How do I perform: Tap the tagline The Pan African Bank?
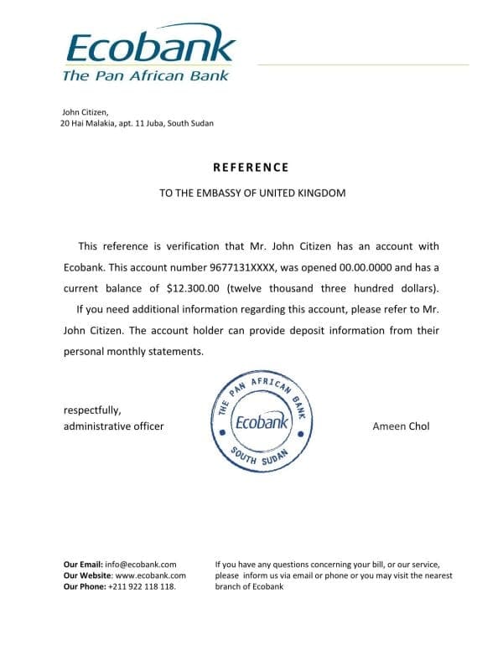point(145,75)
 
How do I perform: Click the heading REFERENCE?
point(251,168)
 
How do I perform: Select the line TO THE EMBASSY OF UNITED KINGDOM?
point(252,193)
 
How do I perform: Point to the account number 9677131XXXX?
point(241,267)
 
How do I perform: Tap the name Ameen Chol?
point(401,426)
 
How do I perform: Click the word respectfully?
point(92,410)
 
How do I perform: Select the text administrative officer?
point(114,426)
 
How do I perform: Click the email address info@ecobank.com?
point(141,565)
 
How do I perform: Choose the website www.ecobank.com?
point(150,575)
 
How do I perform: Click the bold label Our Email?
point(83,565)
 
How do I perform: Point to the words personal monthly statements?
point(133,351)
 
